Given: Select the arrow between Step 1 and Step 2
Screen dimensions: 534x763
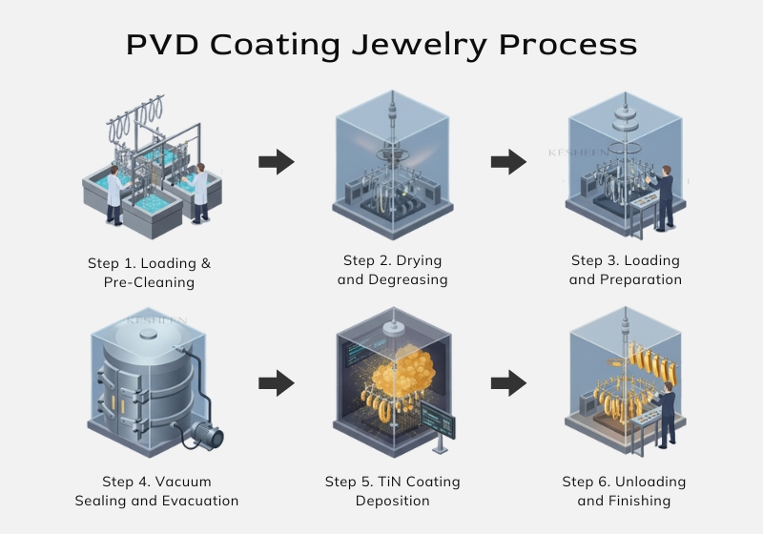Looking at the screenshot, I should pos(276,162).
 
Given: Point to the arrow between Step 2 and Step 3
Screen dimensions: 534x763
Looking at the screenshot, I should pos(508,162).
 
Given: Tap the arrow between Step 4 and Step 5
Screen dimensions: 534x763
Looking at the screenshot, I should pos(276,384).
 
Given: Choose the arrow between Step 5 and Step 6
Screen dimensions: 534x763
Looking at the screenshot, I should pos(508,384).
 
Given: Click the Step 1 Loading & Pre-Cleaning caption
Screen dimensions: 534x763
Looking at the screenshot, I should pos(149,272).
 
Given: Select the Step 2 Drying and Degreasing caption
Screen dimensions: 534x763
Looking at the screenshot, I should pos(392,270).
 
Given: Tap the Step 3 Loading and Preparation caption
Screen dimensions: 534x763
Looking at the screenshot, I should pos(626,270).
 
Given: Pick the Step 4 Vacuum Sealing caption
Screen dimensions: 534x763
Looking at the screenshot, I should pos(156,491).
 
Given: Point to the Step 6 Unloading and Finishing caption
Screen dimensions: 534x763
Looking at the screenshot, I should pos(624,491).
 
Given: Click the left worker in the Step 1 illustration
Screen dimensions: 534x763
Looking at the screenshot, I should pos(113,195).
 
